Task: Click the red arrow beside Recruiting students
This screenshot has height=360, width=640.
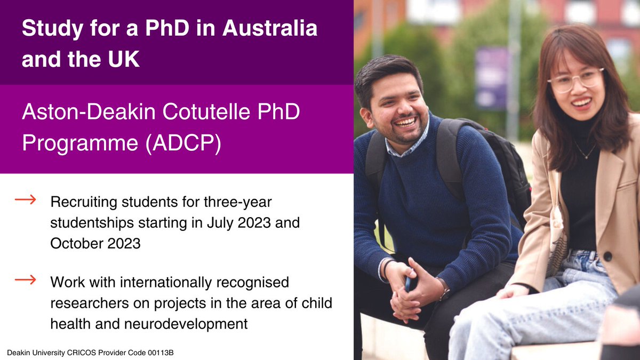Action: point(25,200)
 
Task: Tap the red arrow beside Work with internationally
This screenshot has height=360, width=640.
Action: point(25,278)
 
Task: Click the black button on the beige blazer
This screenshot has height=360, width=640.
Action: point(607,256)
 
